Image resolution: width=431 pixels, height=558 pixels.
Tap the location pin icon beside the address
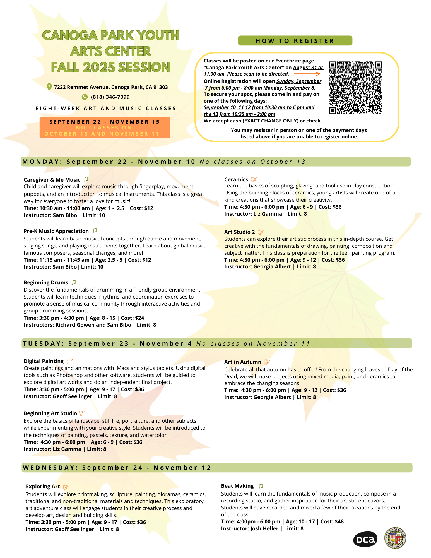49,87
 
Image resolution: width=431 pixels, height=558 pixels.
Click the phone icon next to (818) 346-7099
85,97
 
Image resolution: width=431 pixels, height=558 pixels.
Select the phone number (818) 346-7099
110,97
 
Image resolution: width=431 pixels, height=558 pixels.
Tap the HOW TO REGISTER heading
295,41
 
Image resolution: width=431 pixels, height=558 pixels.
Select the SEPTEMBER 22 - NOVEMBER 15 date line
105,122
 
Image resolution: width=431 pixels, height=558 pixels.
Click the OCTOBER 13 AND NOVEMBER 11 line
102,134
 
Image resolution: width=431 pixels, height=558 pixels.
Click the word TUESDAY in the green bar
44,344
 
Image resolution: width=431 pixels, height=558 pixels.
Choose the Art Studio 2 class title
239,232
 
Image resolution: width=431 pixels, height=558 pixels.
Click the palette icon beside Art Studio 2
261,232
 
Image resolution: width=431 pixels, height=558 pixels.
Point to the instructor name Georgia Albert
272,267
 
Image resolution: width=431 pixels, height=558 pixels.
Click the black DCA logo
365,540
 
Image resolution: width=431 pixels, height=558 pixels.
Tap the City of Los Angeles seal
395,538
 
